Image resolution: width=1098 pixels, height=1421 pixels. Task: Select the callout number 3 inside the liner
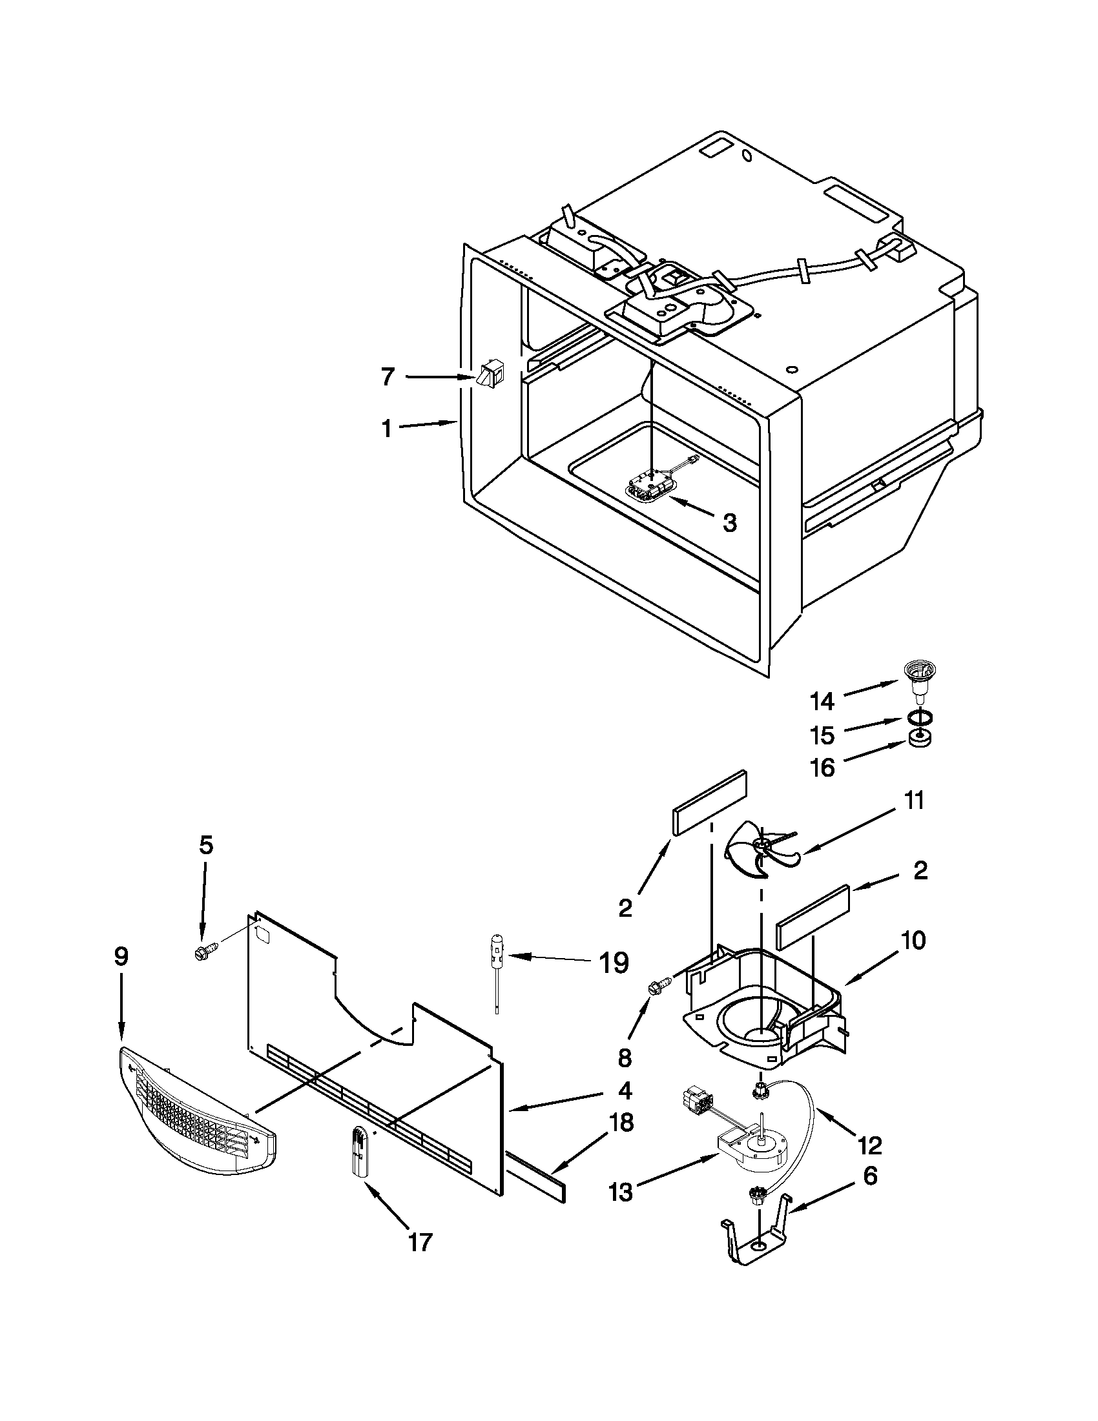(729, 522)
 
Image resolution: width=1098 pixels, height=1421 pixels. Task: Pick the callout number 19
(613, 963)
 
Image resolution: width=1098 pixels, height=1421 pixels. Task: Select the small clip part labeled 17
(360, 1153)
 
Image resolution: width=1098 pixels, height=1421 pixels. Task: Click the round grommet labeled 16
(919, 739)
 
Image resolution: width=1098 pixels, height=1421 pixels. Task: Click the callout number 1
(386, 429)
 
